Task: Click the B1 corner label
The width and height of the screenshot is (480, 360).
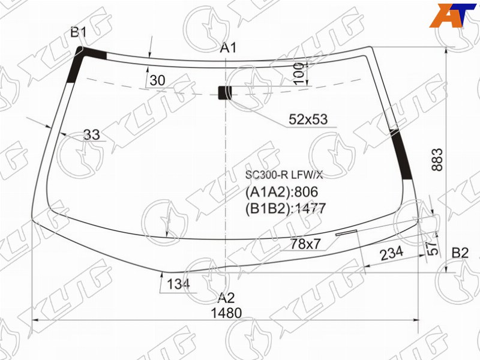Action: click(x=79, y=32)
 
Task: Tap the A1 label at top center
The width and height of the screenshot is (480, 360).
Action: click(x=229, y=48)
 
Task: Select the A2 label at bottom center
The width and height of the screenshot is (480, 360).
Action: click(x=227, y=298)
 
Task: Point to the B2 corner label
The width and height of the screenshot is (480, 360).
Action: click(x=460, y=253)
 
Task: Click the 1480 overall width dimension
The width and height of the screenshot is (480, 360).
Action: click(x=226, y=313)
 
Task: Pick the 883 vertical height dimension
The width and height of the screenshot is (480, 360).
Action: click(x=437, y=160)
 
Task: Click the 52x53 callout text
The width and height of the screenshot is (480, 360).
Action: click(x=308, y=119)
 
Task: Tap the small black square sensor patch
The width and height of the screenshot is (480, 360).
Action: click(x=224, y=93)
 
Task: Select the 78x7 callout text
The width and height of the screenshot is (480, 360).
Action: click(x=305, y=244)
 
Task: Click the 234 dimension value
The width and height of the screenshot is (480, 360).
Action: click(x=392, y=253)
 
